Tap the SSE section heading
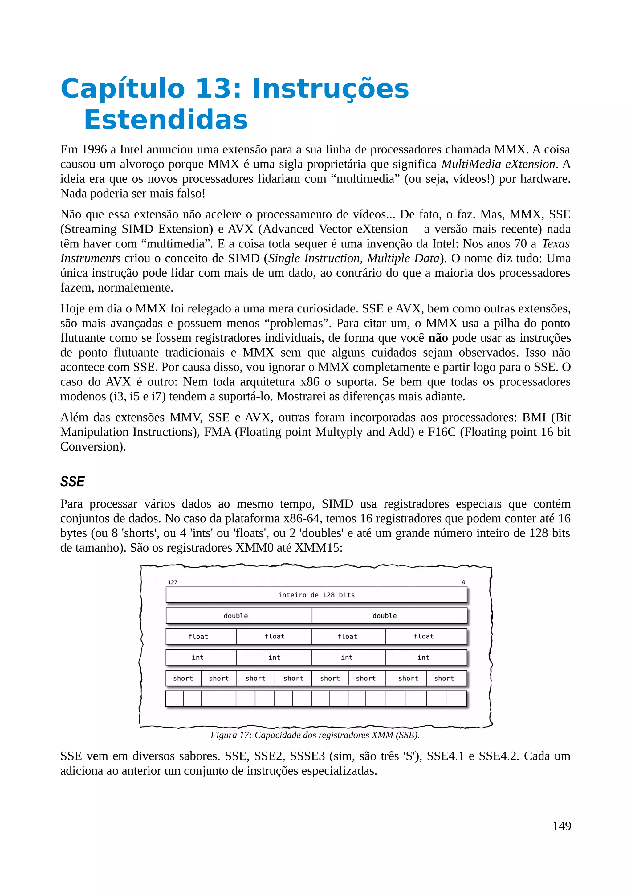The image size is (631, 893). coord(72,482)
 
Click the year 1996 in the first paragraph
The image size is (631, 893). coord(94,149)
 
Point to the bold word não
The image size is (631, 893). coord(438,338)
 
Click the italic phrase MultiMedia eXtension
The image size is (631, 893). coord(498,164)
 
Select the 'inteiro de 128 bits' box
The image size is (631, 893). coord(316,595)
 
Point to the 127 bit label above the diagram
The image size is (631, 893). coord(172,582)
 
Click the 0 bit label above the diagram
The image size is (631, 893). coord(463,582)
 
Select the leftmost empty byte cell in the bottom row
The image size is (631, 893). coord(175,699)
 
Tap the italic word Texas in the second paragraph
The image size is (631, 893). coord(556,243)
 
